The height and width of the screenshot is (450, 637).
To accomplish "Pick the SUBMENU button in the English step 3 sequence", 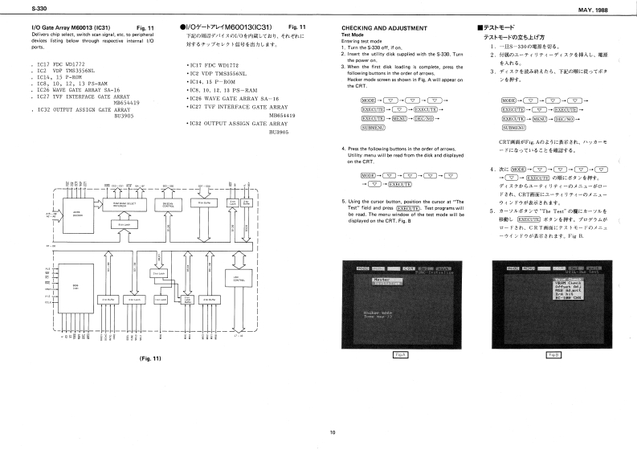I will (x=350, y=128).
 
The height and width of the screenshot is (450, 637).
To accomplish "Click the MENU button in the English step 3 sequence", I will (x=401, y=117).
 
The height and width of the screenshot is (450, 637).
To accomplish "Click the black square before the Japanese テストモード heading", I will (x=480, y=27).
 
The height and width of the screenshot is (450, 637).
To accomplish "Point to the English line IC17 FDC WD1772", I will (x=55, y=63).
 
